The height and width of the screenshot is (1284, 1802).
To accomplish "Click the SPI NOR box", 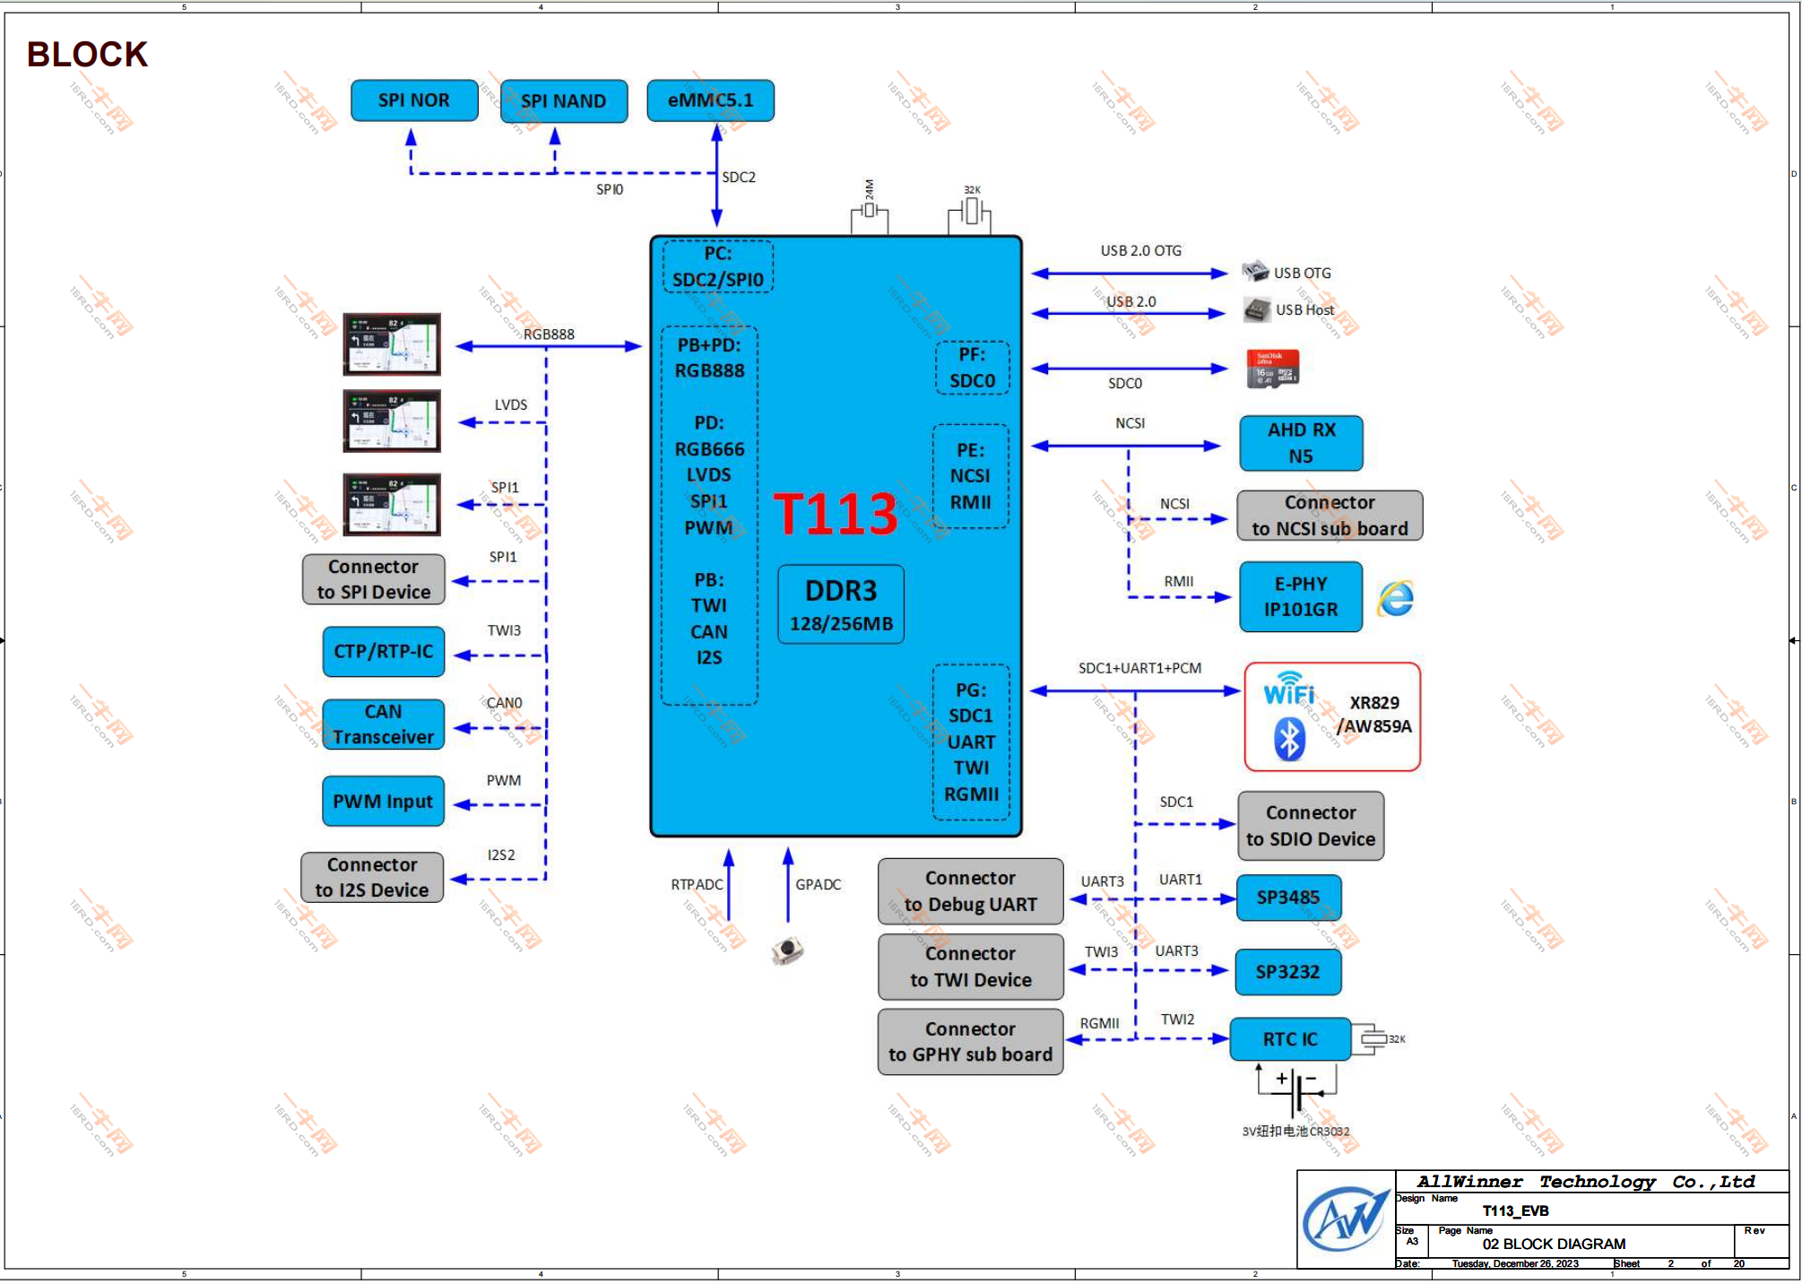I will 413,100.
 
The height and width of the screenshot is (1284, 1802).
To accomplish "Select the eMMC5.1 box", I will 710,100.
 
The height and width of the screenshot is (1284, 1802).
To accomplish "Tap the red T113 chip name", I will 835,514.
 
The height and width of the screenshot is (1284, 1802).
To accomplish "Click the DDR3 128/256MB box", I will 841,604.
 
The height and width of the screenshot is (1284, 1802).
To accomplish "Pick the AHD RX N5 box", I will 1301,443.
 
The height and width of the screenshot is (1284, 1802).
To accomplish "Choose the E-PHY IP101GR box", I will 1300,597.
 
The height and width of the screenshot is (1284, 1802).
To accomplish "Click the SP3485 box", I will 1288,898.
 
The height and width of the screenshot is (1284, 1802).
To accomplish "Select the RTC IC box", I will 1290,1039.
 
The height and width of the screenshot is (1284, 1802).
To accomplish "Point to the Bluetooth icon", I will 1289,740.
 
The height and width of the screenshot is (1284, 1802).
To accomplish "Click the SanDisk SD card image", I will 1272,369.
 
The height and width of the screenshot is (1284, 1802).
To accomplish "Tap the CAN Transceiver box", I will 383,724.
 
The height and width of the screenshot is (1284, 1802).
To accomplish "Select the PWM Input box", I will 383,802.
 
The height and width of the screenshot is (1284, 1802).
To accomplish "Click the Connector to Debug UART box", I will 970,891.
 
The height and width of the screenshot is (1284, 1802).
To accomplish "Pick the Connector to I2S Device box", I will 372,878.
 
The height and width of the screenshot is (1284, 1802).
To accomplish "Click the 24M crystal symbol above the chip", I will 869,212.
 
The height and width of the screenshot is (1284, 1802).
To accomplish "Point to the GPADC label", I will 818,885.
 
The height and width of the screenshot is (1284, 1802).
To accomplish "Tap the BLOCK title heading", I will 87,55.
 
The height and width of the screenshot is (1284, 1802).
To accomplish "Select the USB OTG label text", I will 1302,273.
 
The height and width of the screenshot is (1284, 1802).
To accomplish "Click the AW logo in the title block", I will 1345,1219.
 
